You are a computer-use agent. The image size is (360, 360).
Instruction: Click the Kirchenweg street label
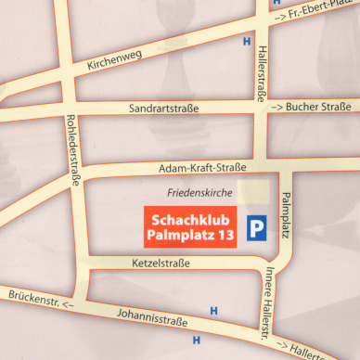click(x=113, y=59)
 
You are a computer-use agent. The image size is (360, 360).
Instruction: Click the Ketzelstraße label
click(x=161, y=264)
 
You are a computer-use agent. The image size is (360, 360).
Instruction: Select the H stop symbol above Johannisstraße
click(x=214, y=310)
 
